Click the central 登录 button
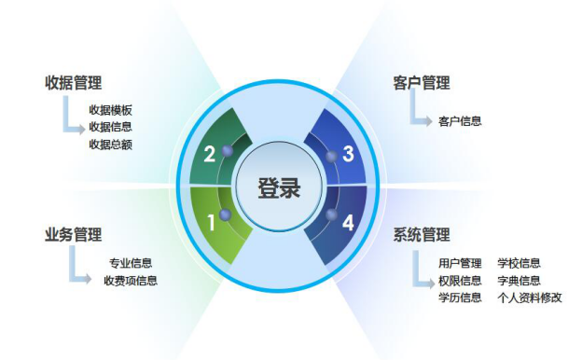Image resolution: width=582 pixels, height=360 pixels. (x=280, y=187)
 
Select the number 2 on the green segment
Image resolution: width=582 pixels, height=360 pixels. (x=210, y=154)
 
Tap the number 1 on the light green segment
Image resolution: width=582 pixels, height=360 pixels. (x=212, y=223)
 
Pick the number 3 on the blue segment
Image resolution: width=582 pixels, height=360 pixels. (x=348, y=154)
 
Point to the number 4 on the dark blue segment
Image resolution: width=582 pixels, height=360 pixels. (x=348, y=223)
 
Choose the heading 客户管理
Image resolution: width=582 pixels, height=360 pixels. (x=422, y=83)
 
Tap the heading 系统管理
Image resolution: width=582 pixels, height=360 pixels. (x=422, y=234)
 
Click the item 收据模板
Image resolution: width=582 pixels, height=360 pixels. (x=110, y=109)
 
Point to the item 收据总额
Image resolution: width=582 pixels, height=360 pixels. (x=110, y=144)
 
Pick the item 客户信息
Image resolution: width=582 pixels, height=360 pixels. (x=459, y=121)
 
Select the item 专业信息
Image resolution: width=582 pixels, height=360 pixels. (x=131, y=263)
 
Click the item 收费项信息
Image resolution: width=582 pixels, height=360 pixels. (x=131, y=281)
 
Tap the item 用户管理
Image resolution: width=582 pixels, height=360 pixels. (x=459, y=263)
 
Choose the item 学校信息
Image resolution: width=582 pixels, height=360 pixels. (x=519, y=263)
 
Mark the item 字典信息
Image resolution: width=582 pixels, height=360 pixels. (x=519, y=281)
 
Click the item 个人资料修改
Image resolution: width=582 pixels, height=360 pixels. (x=530, y=298)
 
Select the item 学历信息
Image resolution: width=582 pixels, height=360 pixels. (x=459, y=298)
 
